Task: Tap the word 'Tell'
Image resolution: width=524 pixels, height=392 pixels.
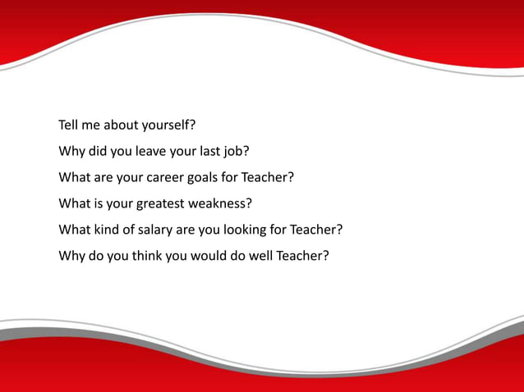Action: point(71,126)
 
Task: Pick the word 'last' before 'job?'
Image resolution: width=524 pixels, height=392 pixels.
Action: point(206,152)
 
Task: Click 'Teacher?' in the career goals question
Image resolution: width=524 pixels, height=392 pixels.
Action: point(267,177)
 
